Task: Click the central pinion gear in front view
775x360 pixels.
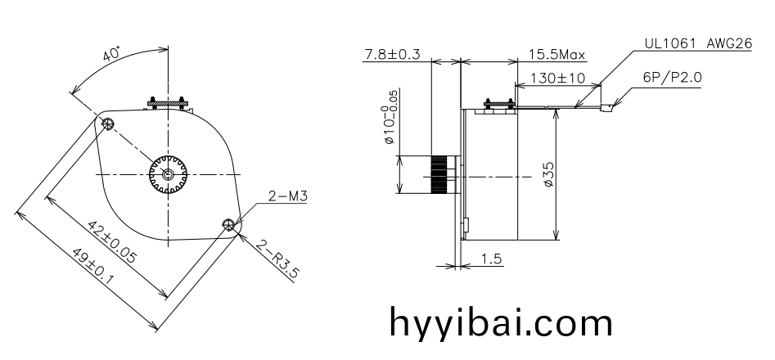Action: coord(169,174)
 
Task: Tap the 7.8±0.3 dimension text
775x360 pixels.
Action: coord(391,55)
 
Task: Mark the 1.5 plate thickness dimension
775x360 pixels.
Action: coord(491,259)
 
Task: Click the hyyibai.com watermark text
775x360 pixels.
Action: coord(499,321)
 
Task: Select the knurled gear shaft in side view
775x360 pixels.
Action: coord(441,175)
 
